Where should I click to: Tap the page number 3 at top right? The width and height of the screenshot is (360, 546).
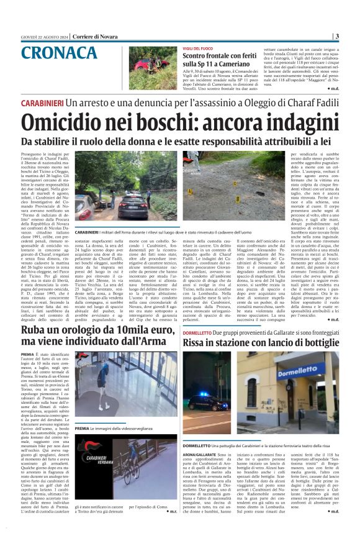[353, 36]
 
